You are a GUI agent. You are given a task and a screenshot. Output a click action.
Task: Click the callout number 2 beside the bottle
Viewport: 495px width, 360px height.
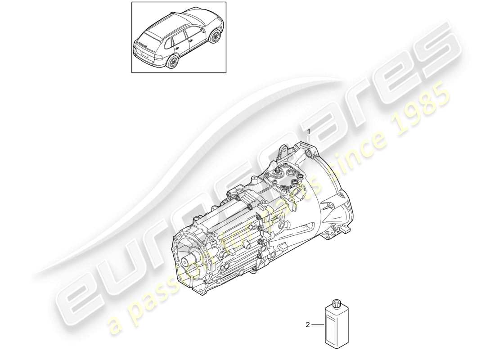click(x=308, y=324)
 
